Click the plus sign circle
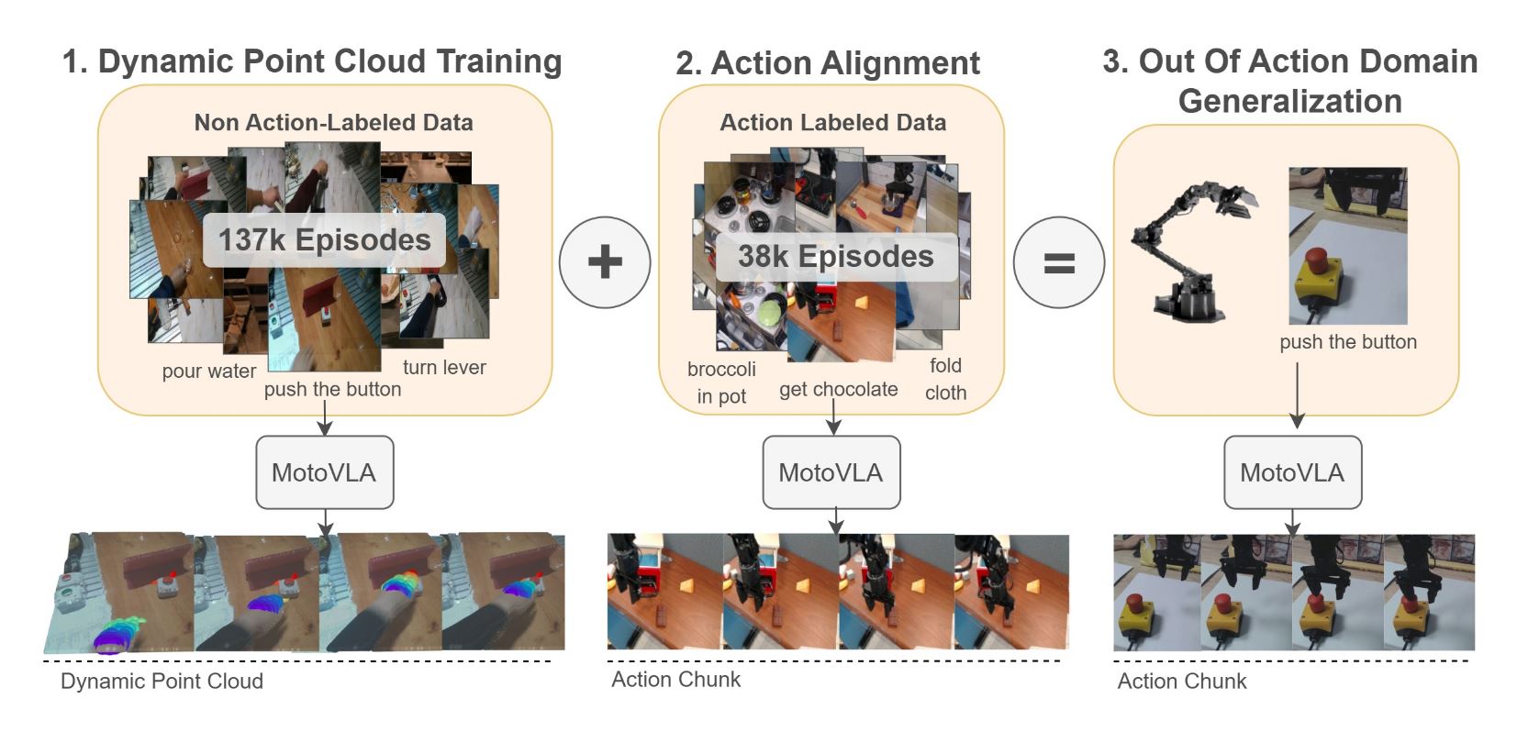pyautogui.click(x=605, y=262)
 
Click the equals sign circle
pyautogui.click(x=1058, y=263)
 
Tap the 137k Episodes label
pyautogui.click(x=324, y=240)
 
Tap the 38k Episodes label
pyautogui.click(x=835, y=257)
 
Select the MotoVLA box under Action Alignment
pyautogui.click(x=831, y=472)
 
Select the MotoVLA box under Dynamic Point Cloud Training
pyautogui.click(x=324, y=472)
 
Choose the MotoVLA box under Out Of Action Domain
pyautogui.click(x=1292, y=472)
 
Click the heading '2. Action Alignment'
pyautogui.click(x=827, y=63)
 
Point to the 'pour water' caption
pyautogui.click(x=209, y=372)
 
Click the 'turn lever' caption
pyautogui.click(x=444, y=368)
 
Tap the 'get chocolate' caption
pyautogui.click(x=838, y=389)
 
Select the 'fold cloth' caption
pyautogui.click(x=945, y=379)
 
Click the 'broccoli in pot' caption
pyautogui.click(x=721, y=383)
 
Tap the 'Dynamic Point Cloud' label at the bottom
pyautogui.click(x=162, y=681)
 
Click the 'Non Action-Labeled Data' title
pyautogui.click(x=333, y=123)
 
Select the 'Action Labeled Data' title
pyautogui.click(x=832, y=123)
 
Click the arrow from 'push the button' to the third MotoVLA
pyautogui.click(x=1297, y=394)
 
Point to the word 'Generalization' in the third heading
pyautogui.click(x=1289, y=101)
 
